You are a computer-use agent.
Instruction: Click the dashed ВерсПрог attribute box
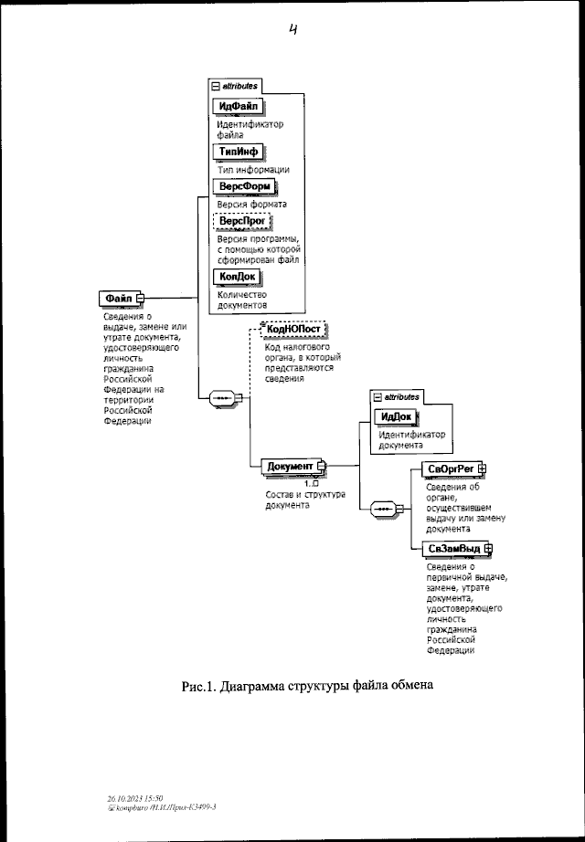point(242,221)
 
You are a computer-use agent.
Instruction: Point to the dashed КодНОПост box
point(293,330)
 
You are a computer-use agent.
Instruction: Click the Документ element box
point(290,467)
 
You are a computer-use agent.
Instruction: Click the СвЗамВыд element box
point(454,548)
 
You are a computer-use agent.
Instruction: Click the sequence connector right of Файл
point(222,398)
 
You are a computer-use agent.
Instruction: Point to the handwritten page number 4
point(293,30)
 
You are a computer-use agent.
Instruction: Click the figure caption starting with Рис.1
point(304,686)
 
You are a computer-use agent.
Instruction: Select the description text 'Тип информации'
point(254,169)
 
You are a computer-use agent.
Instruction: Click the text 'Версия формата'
point(252,205)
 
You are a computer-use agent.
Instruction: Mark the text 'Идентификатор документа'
point(413,441)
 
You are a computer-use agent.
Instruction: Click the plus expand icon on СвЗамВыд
point(487,548)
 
